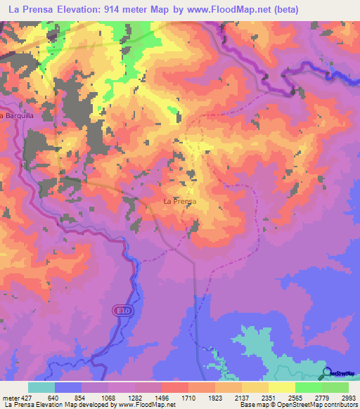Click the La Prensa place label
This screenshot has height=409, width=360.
coord(179,201)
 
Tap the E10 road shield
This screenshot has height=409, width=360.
coord(121,309)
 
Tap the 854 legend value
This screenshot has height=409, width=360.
coord(83,397)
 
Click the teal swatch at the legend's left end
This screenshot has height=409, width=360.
coord(41,387)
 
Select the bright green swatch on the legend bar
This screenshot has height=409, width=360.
coord(309,387)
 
